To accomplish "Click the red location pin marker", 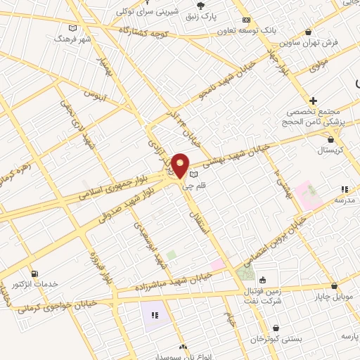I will click(x=180, y=165).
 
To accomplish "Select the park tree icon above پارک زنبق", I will click(x=201, y=6).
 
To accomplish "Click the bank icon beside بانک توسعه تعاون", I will click(x=245, y=20).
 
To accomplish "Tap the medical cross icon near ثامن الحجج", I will click(x=313, y=101).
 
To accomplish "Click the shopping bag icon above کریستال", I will click(x=330, y=139).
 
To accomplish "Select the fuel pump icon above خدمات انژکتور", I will click(x=34, y=273).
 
